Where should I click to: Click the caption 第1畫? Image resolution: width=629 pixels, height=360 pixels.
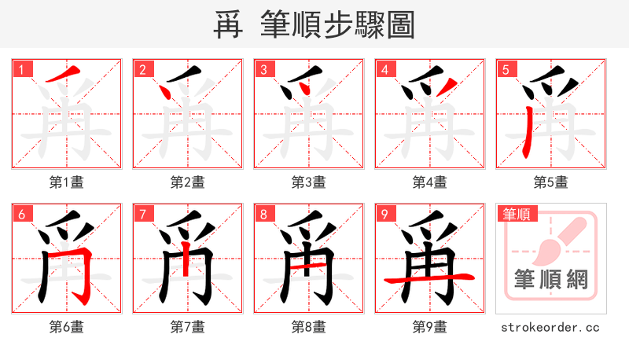tap(67, 182)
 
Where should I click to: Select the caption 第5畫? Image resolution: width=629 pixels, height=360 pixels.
tap(551, 182)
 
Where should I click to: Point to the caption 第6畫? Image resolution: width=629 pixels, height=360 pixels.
tap(67, 327)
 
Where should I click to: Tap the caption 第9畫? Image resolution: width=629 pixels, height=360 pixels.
tap(430, 327)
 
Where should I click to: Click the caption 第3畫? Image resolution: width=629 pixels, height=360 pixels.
tap(309, 182)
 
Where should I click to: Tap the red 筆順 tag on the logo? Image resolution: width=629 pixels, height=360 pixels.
tap(517, 214)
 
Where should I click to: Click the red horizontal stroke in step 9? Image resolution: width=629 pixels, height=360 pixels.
tap(429, 277)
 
